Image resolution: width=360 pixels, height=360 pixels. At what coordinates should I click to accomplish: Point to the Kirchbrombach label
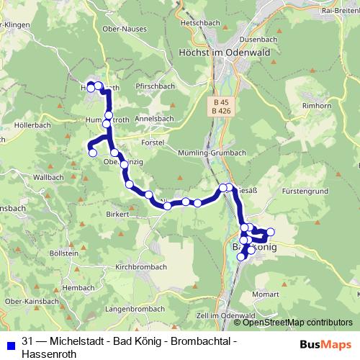click(142, 266)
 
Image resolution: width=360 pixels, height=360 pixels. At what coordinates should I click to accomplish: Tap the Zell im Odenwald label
click(226, 316)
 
